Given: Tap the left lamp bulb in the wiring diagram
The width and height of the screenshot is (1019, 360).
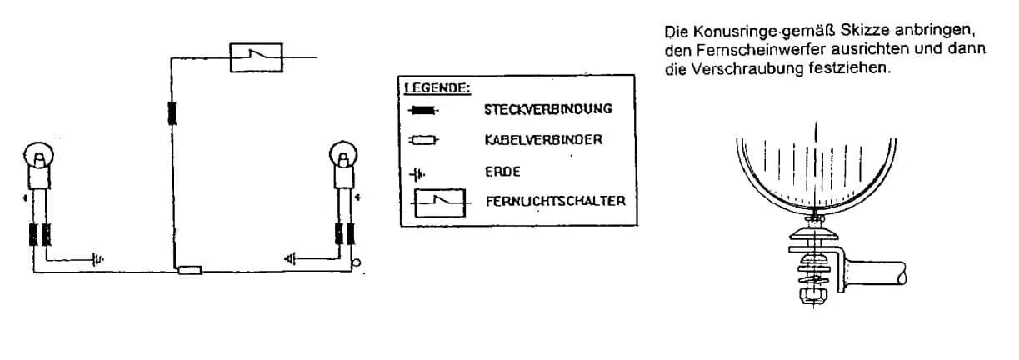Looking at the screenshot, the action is coord(38,155).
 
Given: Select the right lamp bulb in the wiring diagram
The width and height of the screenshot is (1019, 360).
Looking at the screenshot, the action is coord(343,154).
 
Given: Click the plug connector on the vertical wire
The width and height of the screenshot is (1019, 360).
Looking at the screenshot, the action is coord(172,113).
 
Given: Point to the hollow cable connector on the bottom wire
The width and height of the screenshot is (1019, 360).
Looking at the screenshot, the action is coord(190,270).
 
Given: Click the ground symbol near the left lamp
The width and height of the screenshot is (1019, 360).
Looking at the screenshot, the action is coord(97,260).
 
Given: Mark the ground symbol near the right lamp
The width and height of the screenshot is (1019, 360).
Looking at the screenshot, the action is coord(290,259).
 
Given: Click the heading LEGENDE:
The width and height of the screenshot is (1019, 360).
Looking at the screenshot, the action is coord(437,87).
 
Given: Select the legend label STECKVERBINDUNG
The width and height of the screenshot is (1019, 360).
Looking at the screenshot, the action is coord(548,110).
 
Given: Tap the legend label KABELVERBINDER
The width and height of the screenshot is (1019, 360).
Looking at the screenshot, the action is coord(543,140).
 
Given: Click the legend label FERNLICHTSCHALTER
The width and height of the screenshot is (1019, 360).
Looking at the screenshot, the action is coord(556,201).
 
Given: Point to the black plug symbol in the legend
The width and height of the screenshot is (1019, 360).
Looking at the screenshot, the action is coord(423,111).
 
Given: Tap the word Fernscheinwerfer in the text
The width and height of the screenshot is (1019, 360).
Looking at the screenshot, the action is coord(757,49).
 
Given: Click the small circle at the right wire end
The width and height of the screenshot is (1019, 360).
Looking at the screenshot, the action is coord(357,262).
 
